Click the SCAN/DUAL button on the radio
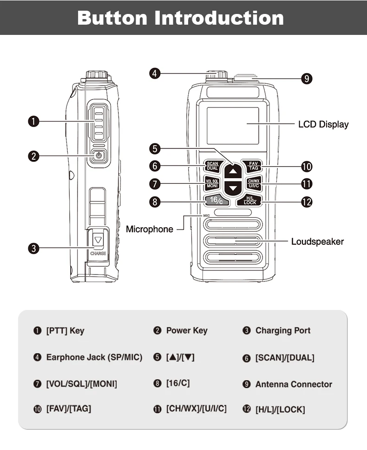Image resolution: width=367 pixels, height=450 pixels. (x=212, y=166)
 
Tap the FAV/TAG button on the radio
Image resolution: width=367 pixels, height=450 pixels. (x=253, y=166)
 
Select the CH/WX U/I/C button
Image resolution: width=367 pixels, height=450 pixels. (x=254, y=183)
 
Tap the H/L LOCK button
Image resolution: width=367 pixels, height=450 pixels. (x=249, y=201)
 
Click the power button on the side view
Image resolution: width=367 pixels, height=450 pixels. (x=98, y=156)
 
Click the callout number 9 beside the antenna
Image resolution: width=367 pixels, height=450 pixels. (x=306, y=78)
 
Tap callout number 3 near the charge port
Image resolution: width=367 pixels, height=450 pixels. (x=33, y=248)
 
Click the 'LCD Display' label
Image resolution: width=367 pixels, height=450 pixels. (x=323, y=124)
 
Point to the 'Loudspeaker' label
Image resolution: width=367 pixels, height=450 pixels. (x=317, y=242)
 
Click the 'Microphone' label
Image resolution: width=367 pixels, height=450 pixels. (x=150, y=229)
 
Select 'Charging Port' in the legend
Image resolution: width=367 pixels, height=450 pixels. (x=282, y=330)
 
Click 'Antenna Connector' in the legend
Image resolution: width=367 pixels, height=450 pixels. (x=294, y=384)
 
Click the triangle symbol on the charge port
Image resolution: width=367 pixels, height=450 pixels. (x=98, y=240)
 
